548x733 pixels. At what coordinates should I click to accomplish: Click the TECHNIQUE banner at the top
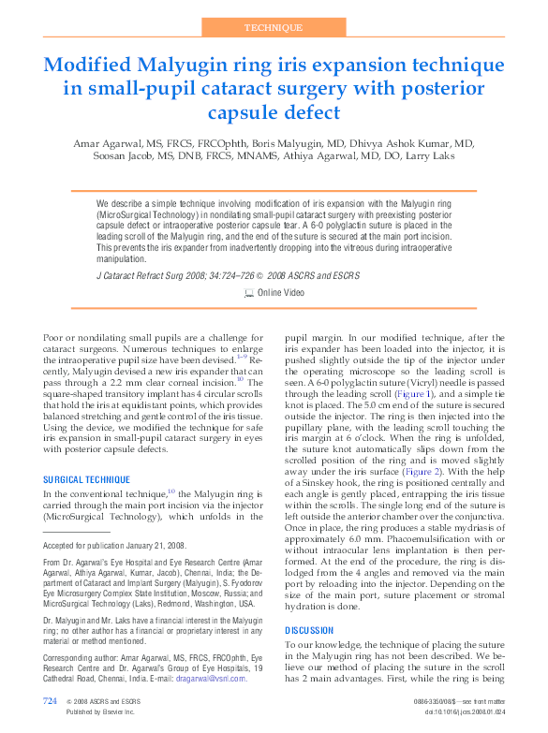(x=274, y=28)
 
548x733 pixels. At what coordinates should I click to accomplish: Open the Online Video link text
(x=280, y=293)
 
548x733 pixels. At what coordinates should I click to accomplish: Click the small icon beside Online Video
(x=248, y=293)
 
